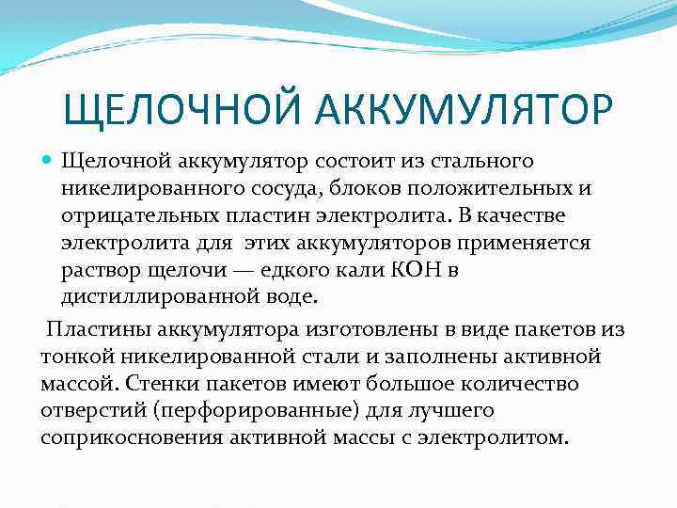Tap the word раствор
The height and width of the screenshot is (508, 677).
[x=98, y=270]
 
